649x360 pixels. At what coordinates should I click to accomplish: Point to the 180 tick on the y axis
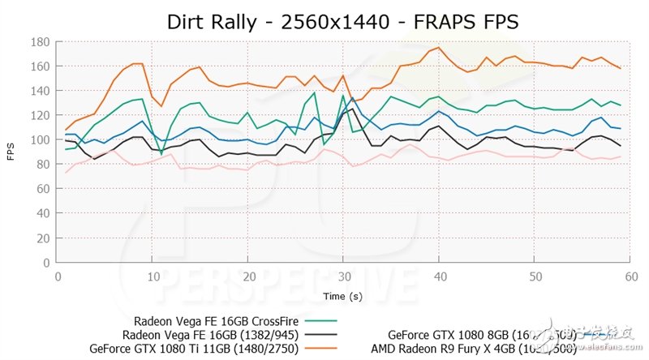pyautogui.click(x=39, y=41)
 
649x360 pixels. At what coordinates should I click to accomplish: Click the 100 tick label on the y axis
pyautogui.click(x=39, y=140)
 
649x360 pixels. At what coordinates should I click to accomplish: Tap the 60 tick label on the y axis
pyautogui.click(x=41, y=190)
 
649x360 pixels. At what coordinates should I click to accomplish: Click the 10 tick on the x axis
pyautogui.click(x=153, y=276)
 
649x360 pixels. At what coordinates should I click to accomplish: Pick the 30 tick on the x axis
pyautogui.click(x=344, y=276)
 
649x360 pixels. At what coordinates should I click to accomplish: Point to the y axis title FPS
pyautogui.click(x=12, y=152)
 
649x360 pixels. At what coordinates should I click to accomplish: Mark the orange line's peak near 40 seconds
pyautogui.click(x=439, y=47)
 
